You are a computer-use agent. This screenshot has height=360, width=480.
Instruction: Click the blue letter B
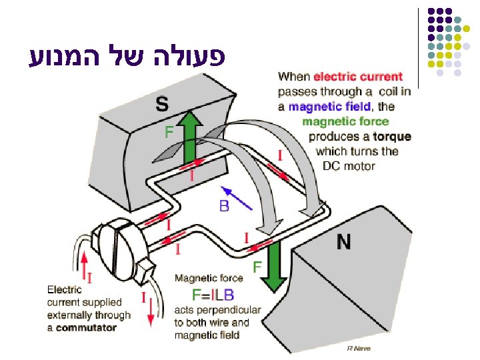coord(224,206)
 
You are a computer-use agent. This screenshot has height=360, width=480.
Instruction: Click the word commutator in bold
coord(86,327)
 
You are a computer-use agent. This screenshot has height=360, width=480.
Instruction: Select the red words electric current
coord(358,77)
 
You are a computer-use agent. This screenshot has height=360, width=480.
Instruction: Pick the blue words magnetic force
coord(345,121)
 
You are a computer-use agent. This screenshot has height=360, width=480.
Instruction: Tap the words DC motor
coord(349,166)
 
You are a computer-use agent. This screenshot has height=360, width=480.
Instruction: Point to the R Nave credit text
coord(359,348)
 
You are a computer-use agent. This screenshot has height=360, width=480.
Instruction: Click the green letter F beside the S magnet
coord(169,132)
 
